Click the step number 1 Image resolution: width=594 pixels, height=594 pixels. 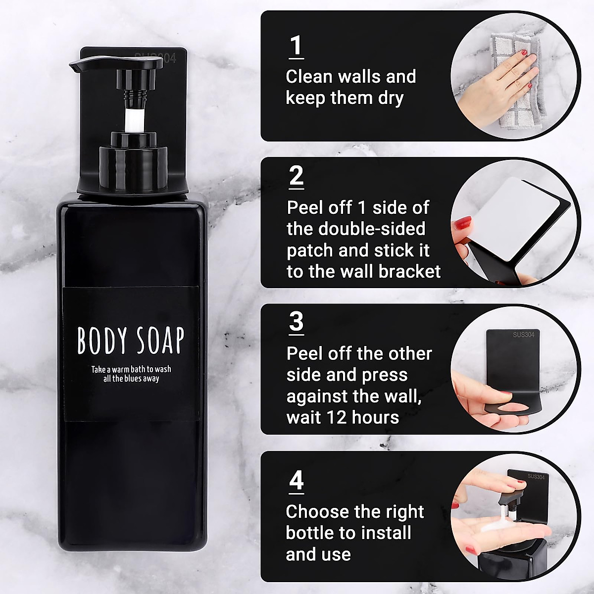click(296, 46)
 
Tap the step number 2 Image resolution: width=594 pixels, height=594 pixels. click(296, 176)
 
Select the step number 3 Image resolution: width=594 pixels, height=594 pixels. click(296, 322)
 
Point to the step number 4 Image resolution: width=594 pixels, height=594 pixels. click(296, 480)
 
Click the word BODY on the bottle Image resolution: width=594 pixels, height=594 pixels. click(101, 341)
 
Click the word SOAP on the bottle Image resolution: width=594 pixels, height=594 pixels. click(158, 341)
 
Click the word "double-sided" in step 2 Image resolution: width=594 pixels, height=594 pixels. click(371, 229)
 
